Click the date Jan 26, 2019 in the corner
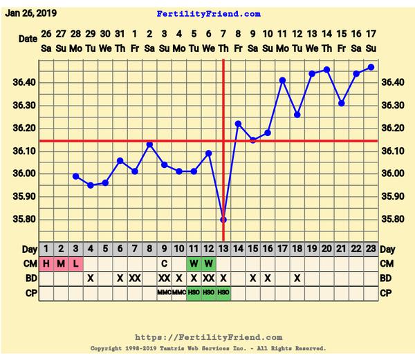31,12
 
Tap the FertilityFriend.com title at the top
208,14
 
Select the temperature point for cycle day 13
223,219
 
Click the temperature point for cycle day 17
282,80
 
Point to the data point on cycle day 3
75,176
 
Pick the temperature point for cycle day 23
371,67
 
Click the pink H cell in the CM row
46,263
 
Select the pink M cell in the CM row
60,263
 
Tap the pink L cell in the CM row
75,263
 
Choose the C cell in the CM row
165,263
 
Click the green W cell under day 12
209,263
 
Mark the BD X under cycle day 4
90,278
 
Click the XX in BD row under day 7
135,278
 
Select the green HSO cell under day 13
223,293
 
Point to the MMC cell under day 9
165,293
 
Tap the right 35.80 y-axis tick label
392,219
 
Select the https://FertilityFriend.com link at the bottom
208,337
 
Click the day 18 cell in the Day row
297,249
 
